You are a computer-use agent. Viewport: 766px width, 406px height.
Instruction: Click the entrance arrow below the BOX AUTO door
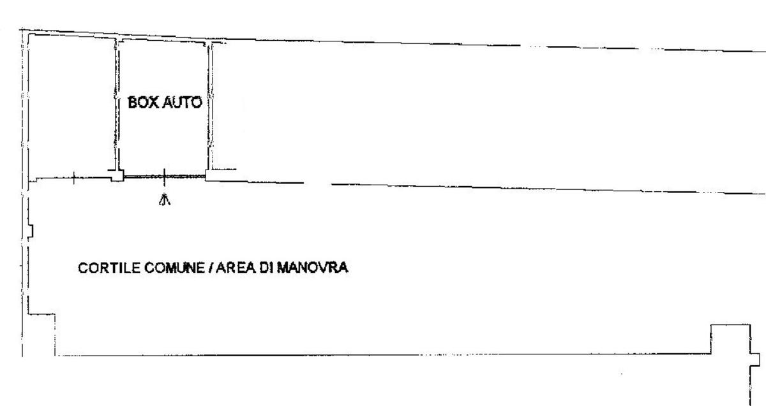[x=165, y=200]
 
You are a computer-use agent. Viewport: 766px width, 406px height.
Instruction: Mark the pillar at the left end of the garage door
[x=117, y=176]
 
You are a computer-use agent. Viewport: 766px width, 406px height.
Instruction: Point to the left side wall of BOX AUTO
[x=117, y=105]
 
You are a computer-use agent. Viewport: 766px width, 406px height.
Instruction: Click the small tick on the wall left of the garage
[x=73, y=179]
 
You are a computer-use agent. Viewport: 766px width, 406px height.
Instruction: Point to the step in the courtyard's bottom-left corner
[x=42, y=331]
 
